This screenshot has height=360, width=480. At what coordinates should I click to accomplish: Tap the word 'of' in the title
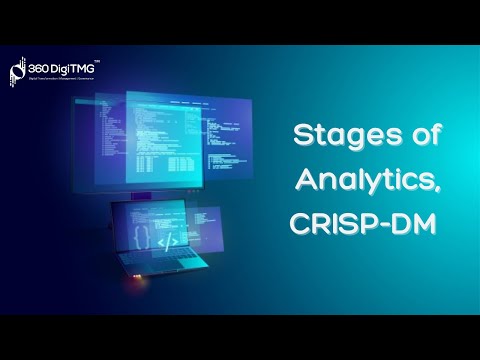[x=417, y=134]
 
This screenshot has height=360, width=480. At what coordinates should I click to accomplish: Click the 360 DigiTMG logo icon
[x=17, y=69]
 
